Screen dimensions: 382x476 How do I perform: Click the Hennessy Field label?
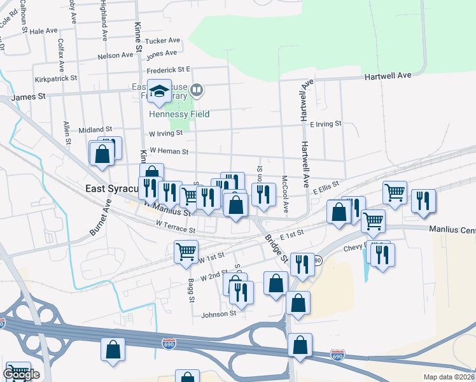178,114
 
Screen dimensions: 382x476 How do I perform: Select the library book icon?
197,90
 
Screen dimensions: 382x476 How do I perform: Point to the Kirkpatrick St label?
56,78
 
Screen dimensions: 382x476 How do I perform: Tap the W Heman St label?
168,152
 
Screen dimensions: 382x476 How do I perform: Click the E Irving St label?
325,124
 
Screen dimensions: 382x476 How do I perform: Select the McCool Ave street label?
284,194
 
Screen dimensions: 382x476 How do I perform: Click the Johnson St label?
219,313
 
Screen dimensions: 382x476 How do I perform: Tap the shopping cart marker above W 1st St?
186,251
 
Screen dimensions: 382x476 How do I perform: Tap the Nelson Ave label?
115,56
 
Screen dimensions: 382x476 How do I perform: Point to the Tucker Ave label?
163,40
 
